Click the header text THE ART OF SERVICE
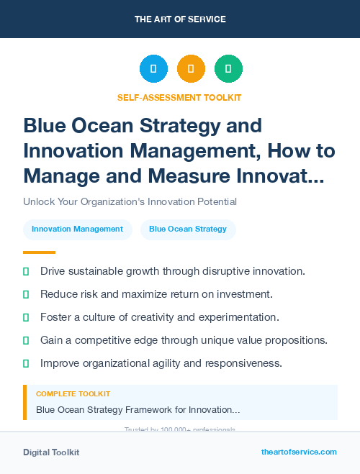coord(180,19)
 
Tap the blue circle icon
coord(153,69)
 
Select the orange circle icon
coord(191,69)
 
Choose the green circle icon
coord(228,69)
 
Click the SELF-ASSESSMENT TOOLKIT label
coord(179,97)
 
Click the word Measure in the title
coord(194,175)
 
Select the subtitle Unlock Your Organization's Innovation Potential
coord(130,202)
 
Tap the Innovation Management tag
coord(77,229)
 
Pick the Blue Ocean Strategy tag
coord(188,229)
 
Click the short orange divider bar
coord(39,252)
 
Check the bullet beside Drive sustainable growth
coord(27,271)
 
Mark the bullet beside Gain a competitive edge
coord(27,340)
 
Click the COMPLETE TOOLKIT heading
coord(73,394)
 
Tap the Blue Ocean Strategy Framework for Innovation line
coord(138,410)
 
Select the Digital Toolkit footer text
coord(51,452)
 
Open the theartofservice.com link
coord(299,452)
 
